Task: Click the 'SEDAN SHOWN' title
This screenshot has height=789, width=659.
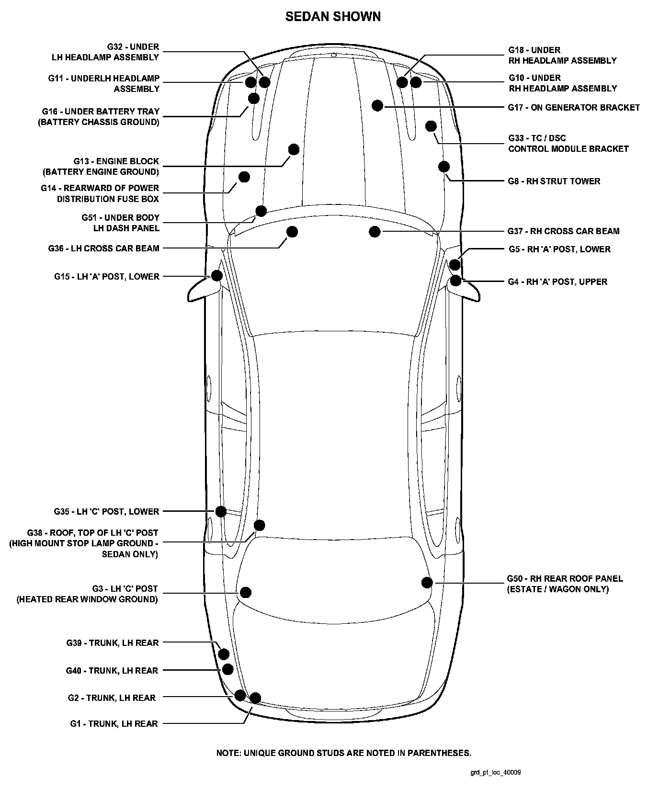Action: pyautogui.click(x=333, y=17)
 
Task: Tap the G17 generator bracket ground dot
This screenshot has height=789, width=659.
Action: pyautogui.click(x=377, y=106)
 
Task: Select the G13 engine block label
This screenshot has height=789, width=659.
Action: pyautogui.click(x=101, y=167)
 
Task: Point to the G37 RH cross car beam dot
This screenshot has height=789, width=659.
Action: pyautogui.click(x=375, y=232)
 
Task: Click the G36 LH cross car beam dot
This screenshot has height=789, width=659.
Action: pyautogui.click(x=292, y=232)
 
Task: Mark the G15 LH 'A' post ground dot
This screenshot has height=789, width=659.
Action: pyautogui.click(x=217, y=275)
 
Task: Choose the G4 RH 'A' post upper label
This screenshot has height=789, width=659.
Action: pyautogui.click(x=557, y=282)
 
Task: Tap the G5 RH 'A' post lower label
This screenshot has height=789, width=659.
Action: pyautogui.click(x=559, y=249)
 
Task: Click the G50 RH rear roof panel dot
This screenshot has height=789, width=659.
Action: pyautogui.click(x=427, y=582)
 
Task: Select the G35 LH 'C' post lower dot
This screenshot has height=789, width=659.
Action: pyautogui.click(x=221, y=511)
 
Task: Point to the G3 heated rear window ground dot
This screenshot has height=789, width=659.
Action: pyautogui.click(x=246, y=592)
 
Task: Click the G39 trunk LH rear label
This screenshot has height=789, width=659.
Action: pyautogui.click(x=113, y=642)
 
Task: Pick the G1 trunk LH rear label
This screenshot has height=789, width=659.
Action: pyautogui.click(x=114, y=723)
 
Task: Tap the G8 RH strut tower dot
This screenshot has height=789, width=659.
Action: pyautogui.click(x=444, y=167)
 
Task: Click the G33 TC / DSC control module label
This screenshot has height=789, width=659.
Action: pyautogui.click(x=568, y=143)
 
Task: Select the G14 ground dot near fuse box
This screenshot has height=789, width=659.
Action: pyautogui.click(x=244, y=177)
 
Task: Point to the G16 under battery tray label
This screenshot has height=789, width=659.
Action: pyautogui.click(x=99, y=116)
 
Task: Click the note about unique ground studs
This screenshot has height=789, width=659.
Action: pyautogui.click(x=343, y=753)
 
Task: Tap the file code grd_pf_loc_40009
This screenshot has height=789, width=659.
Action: pyautogui.click(x=495, y=772)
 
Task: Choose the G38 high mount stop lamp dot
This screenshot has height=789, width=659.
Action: pyautogui.click(x=259, y=525)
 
